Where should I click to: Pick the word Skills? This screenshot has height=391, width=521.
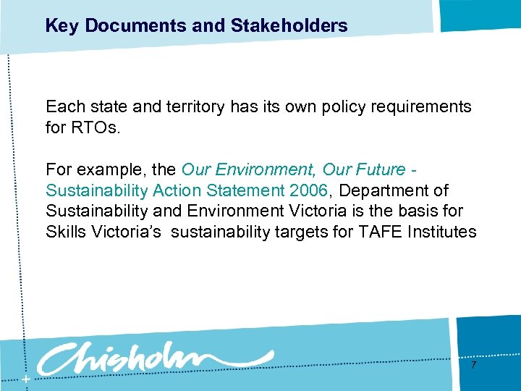coord(65,232)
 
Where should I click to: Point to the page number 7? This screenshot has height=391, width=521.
coord(473,366)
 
